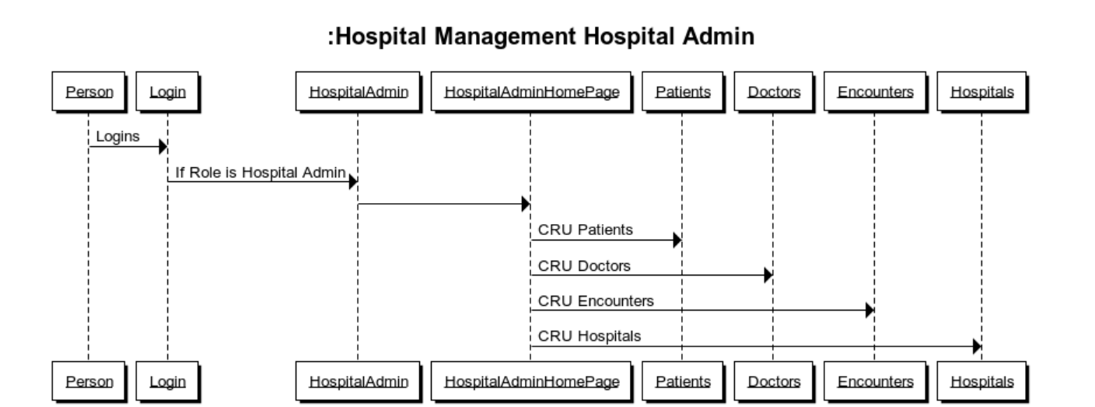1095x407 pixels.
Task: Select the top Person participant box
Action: click(x=88, y=92)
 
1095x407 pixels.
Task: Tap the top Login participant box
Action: click(x=167, y=92)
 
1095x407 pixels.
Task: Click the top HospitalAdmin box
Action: click(x=358, y=92)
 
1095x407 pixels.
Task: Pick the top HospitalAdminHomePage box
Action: click(x=530, y=92)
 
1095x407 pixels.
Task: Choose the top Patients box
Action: click(x=682, y=92)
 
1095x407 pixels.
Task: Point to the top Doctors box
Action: click(x=773, y=92)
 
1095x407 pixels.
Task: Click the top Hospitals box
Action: click(x=981, y=92)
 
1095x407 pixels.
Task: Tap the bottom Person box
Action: click(x=88, y=381)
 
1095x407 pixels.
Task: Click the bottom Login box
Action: click(x=167, y=381)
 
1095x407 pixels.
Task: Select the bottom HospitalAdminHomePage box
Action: click(x=530, y=381)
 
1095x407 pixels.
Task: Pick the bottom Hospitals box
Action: click(x=981, y=381)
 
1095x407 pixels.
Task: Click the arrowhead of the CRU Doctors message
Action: click(x=768, y=275)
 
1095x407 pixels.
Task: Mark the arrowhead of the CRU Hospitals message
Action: click(x=977, y=346)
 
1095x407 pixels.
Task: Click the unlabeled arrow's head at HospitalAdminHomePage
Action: click(x=526, y=204)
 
